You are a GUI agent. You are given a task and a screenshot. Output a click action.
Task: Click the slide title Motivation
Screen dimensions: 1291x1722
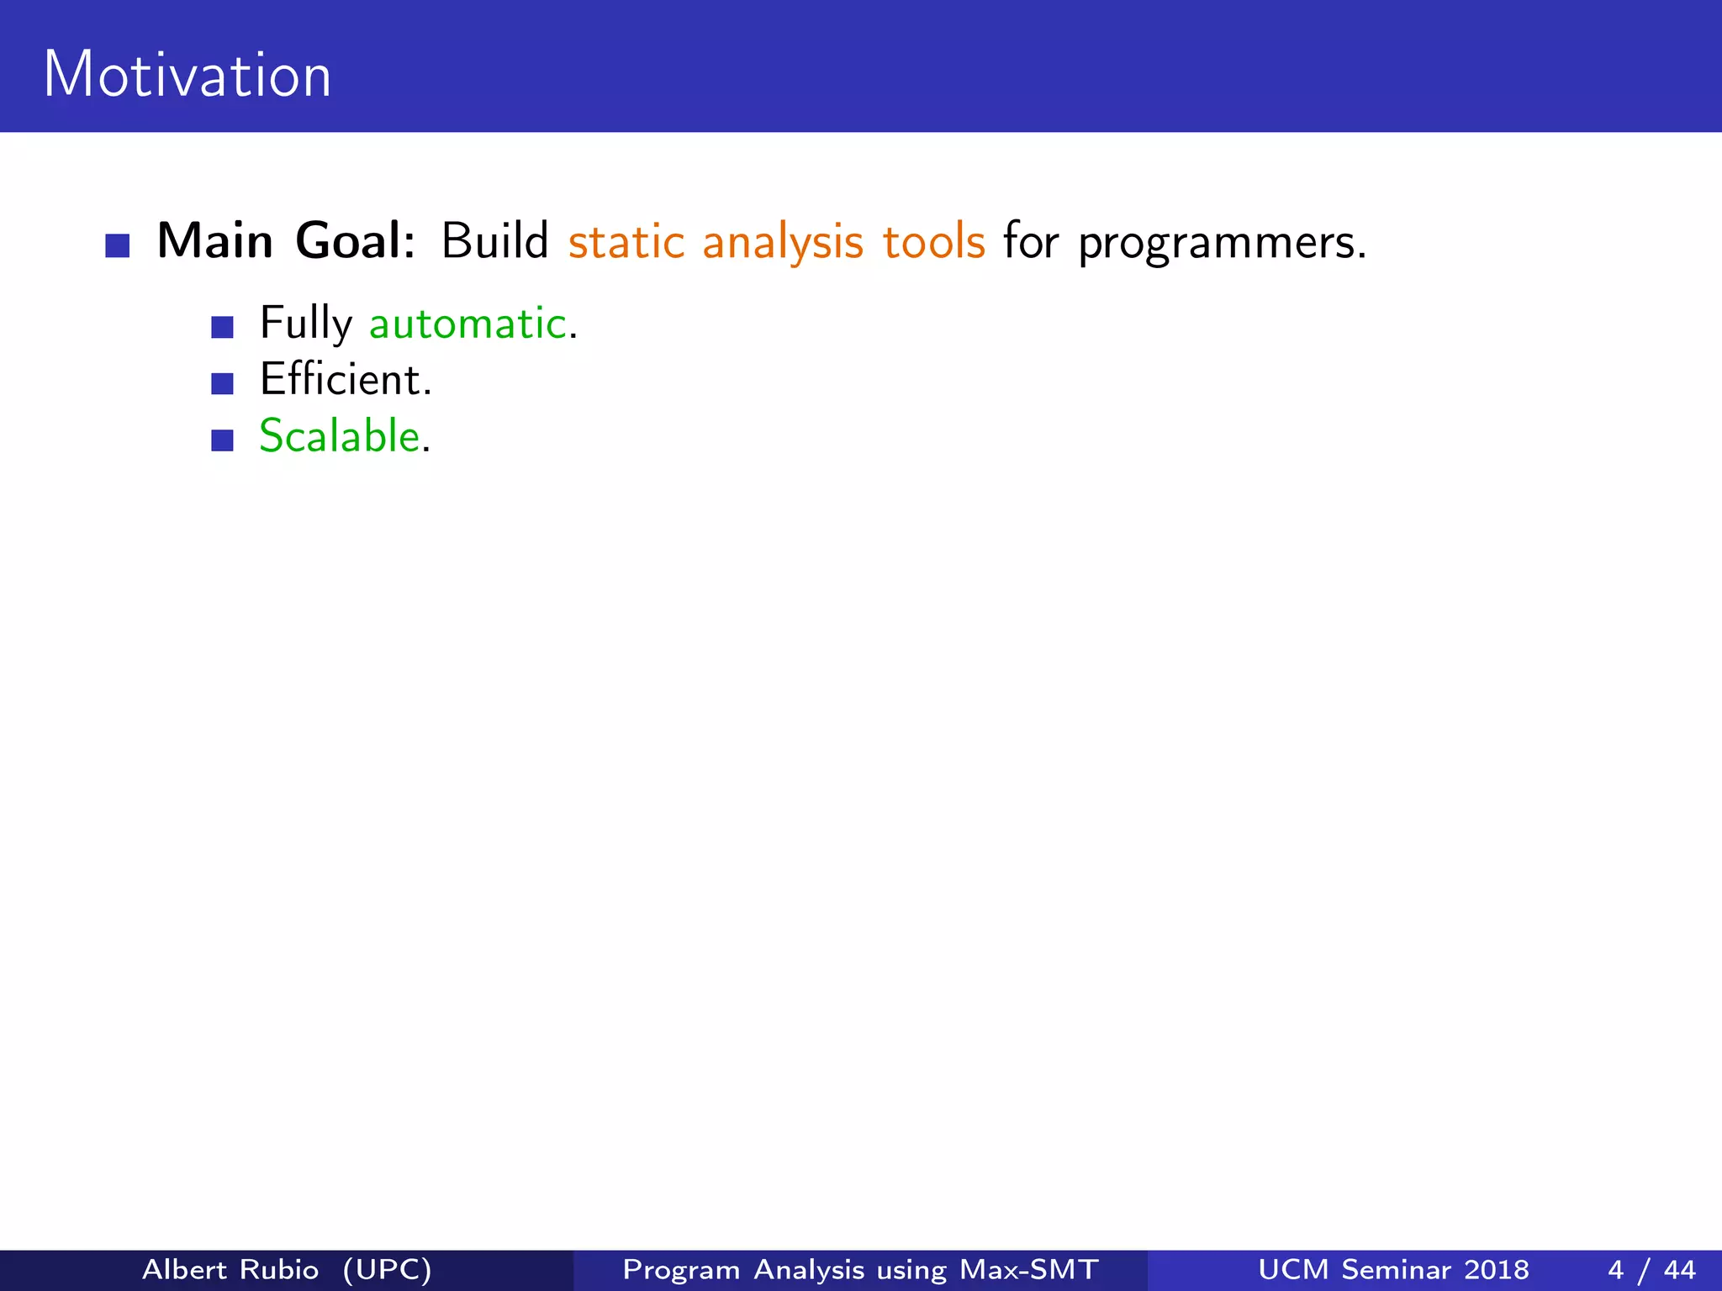pos(187,76)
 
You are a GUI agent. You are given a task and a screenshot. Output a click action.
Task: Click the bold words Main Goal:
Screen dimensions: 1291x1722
pos(286,241)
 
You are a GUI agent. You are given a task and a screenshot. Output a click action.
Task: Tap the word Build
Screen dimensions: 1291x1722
pos(494,241)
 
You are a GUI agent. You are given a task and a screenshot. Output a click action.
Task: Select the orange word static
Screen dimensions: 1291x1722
pos(626,242)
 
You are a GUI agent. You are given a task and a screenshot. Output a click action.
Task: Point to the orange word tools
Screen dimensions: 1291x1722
pos(933,242)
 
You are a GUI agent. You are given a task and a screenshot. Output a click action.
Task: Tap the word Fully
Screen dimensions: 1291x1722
pos(306,324)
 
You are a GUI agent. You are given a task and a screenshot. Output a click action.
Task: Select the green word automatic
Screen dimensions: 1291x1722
pos(468,324)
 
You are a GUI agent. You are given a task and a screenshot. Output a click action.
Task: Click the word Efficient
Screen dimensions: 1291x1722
pos(345,380)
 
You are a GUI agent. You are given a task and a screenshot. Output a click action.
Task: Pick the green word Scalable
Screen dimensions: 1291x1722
pos(340,436)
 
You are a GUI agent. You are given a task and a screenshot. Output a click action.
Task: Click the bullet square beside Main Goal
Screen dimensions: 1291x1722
pos(118,246)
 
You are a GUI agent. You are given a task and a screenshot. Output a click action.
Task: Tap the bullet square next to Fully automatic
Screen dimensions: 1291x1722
pos(222,328)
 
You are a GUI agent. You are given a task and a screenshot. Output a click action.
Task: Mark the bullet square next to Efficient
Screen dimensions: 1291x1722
pos(222,384)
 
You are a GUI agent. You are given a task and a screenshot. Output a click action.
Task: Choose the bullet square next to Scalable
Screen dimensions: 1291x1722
pos(222,440)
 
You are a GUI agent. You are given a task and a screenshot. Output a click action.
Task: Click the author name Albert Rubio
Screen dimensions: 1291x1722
pos(230,1269)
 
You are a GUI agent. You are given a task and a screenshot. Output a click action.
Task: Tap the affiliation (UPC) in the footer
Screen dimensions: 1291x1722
pos(387,1269)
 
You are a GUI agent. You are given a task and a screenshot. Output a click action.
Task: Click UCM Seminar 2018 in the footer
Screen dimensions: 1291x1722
pos(1393,1269)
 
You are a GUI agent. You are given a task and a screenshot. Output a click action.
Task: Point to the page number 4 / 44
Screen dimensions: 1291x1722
pos(1651,1269)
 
